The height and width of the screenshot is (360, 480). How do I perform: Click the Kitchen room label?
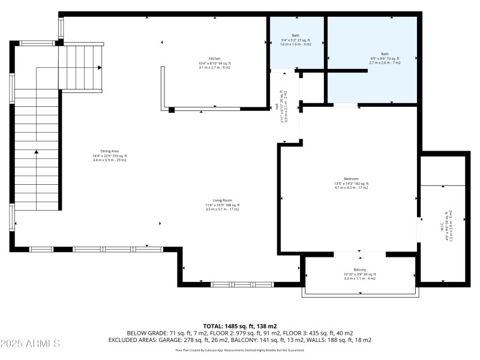[214, 59]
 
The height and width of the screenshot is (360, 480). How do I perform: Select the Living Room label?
[222, 200]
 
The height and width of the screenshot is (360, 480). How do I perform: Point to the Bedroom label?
[351, 179]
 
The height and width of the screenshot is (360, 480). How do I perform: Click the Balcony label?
[359, 269]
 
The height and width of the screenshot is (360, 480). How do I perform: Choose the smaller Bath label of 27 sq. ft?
[295, 35]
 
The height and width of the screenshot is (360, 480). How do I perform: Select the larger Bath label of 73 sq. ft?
[385, 53]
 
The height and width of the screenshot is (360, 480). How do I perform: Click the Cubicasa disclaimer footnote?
[239, 350]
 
